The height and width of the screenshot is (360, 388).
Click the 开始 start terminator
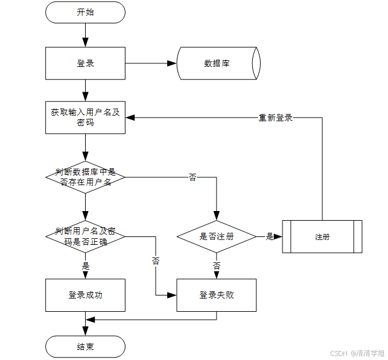pos(85,12)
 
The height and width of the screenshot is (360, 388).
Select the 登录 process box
pos(85,63)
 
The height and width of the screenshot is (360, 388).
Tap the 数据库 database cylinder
pos(218,63)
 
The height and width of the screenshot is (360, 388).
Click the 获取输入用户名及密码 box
pos(85,118)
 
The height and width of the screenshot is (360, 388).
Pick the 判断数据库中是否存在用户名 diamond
pos(85,177)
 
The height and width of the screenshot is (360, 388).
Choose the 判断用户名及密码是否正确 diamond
pos(85,236)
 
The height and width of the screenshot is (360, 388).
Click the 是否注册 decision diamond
pos(216,236)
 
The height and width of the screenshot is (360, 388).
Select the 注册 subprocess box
pos(322,237)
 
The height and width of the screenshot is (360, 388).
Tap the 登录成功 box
pos(85,295)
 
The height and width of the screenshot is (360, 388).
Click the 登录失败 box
pos(216,295)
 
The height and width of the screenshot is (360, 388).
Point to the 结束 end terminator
pos(85,347)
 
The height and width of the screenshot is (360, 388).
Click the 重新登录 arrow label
pos(276,118)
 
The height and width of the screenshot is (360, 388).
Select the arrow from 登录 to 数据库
pos(151,63)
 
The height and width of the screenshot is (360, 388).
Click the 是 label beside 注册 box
pos(270,236)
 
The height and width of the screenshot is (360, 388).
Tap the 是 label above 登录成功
pos(85,265)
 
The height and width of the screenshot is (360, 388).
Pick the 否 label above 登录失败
pos(216,265)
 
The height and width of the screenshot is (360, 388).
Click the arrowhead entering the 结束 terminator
pos(85,332)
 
